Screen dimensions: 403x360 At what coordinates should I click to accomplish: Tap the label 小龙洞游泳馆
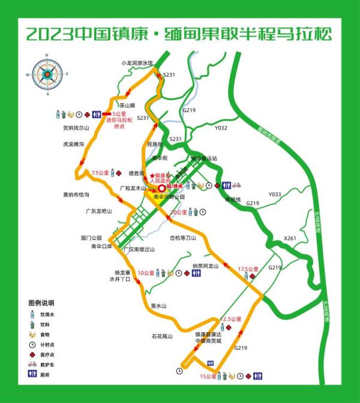(x=137, y=62)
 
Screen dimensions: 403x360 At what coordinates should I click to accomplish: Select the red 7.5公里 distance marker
(x=100, y=173)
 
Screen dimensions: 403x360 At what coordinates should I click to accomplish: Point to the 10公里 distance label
(x=146, y=273)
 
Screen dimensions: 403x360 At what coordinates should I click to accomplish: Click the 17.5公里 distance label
(x=248, y=269)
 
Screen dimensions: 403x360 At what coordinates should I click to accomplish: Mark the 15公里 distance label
(x=208, y=376)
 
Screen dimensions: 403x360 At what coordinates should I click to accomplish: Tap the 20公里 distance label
(x=178, y=212)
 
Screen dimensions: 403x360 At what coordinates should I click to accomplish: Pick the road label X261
(x=290, y=238)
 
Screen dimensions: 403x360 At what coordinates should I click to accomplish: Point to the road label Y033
(x=274, y=194)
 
